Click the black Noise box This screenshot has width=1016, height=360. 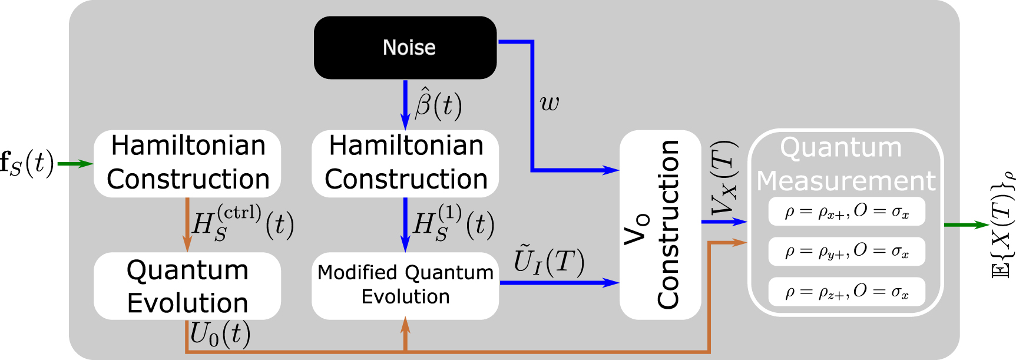[x=405, y=48]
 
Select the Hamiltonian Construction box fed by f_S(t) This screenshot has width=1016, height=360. [x=187, y=163]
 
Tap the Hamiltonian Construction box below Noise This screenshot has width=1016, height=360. [x=405, y=163]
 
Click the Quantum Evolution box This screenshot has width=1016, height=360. [x=187, y=286]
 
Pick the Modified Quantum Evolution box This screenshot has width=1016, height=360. [x=405, y=286]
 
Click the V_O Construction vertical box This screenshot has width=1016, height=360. [x=660, y=224]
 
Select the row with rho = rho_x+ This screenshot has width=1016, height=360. [x=846, y=212]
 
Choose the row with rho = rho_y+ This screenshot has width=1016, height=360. [x=846, y=252]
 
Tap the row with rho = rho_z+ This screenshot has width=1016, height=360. [x=846, y=292]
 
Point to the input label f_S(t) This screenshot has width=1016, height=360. [x=27, y=163]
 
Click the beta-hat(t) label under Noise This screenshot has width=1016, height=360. [x=438, y=104]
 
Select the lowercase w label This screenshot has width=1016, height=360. [x=549, y=103]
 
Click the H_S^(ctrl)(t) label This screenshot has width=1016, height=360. [x=243, y=223]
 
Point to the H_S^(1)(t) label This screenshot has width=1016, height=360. [x=453, y=223]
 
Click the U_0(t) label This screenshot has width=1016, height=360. [x=220, y=335]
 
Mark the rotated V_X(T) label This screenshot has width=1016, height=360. [x=724, y=179]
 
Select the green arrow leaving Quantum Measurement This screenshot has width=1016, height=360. [x=966, y=224]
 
